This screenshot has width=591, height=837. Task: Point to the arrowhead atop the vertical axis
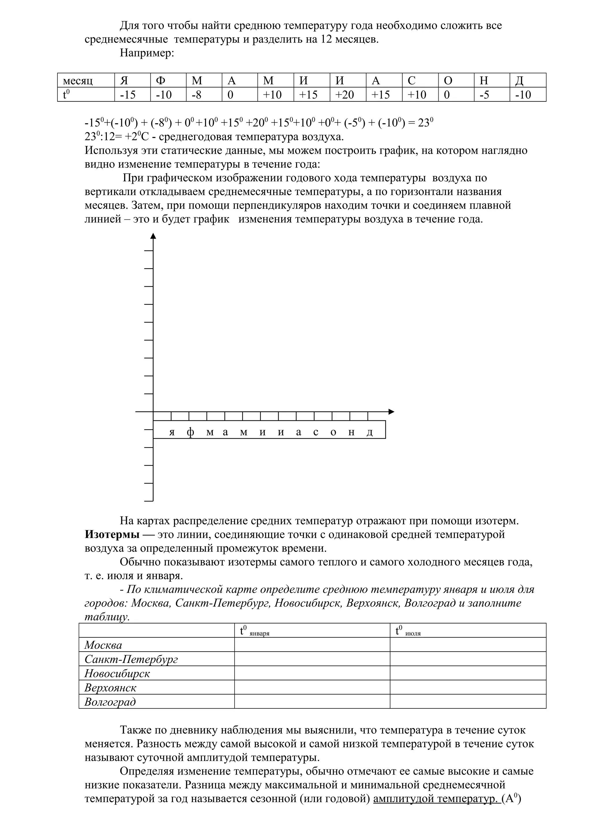153,236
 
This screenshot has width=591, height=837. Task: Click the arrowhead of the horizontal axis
392,412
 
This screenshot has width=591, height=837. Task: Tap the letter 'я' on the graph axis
172,432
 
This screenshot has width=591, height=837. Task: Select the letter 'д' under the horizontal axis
370,432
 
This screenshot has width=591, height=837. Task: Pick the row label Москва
103,645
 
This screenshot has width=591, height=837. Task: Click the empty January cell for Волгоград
312,702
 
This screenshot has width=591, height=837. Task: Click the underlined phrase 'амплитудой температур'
435,799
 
